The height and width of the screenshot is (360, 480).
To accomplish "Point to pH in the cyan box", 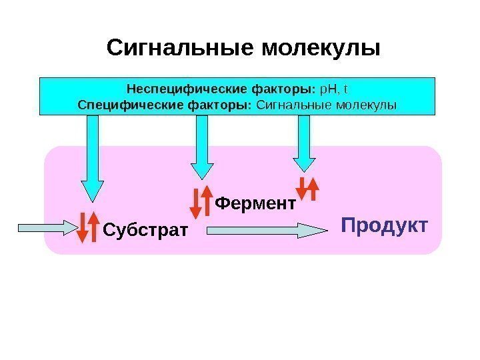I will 329,88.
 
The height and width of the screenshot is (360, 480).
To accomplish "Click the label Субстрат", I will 145,231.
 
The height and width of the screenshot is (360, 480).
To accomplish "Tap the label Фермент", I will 255,203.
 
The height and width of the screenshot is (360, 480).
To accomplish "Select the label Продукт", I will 383,225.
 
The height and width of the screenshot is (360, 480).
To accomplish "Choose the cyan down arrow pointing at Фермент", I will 202,150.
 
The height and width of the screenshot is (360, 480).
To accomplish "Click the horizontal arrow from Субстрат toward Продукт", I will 267,231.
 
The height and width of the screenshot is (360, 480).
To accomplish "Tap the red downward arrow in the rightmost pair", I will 303,189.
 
